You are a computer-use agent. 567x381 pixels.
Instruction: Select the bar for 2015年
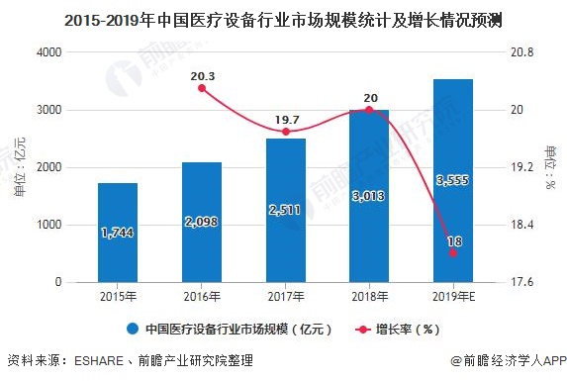118,233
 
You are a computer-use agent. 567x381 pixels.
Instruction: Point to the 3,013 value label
368,195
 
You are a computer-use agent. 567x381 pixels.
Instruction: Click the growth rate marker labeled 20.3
202,88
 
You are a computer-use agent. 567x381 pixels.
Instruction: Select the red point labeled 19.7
285,132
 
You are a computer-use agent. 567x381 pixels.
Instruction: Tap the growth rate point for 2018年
369,110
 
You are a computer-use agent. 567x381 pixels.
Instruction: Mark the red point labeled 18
452,253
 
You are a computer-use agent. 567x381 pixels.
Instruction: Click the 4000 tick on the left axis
47,52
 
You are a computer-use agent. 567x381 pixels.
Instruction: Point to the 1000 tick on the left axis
47,226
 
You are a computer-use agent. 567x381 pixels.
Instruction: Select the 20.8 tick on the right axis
521,52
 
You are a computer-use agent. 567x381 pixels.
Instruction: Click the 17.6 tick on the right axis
521,283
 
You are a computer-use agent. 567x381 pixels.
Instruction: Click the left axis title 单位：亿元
18,168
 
